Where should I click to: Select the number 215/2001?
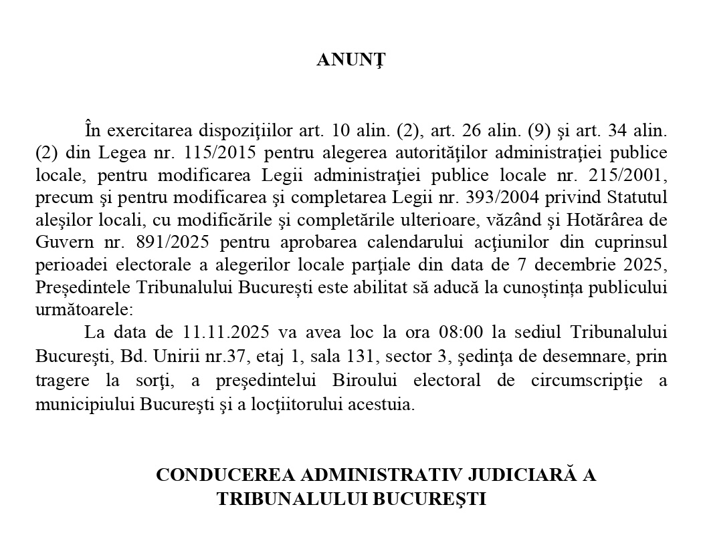tap(629, 175)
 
